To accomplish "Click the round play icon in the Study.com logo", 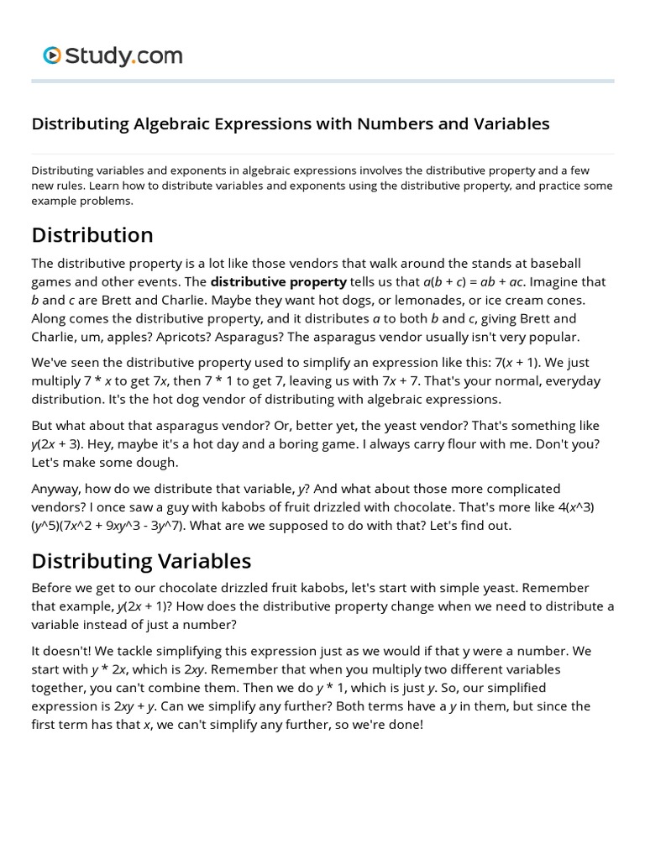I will coord(52,56).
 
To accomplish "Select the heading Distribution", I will coord(92,234).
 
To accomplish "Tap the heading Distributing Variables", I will coord(141,560).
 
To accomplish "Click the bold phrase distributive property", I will coord(278,281).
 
